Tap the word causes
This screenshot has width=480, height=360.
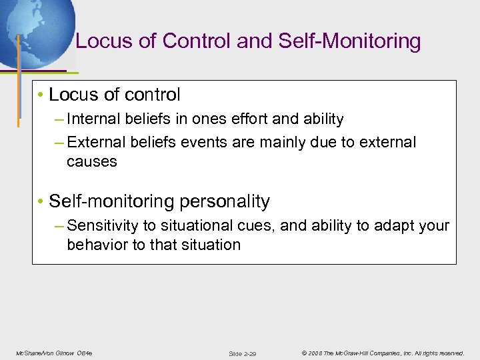91,161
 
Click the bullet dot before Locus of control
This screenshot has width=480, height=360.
41,95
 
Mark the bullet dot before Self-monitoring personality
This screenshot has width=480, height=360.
41,201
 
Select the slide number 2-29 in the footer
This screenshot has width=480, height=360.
250,353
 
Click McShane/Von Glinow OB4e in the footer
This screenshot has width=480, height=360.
53,353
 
